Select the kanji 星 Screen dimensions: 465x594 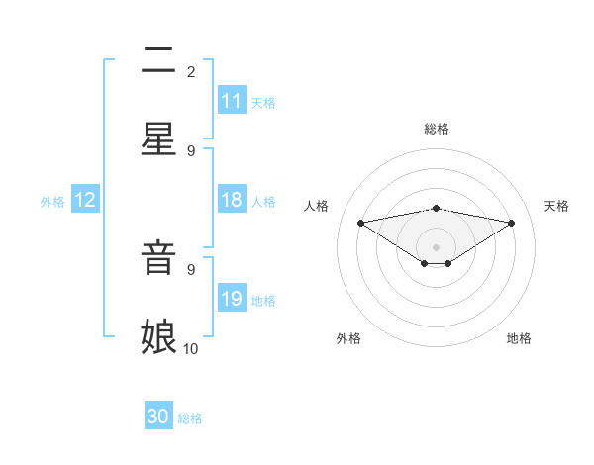tap(158, 139)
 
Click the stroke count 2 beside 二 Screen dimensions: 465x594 tap(190, 71)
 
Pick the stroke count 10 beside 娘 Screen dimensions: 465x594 tap(190, 348)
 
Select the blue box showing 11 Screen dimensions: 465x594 tap(232, 101)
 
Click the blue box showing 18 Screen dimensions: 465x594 tap(232, 200)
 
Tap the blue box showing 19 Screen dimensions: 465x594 tap(232, 299)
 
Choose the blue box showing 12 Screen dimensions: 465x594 tap(85, 200)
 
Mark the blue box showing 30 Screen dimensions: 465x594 tap(158, 417)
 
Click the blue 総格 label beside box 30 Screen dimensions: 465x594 tap(190, 418)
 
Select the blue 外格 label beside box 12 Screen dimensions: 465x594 tap(52, 202)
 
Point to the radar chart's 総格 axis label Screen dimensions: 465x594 tap(436, 129)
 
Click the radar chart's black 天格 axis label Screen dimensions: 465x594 tap(556, 206)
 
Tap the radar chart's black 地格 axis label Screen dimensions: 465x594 tap(519, 338)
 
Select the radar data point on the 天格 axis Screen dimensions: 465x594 tap(512, 223)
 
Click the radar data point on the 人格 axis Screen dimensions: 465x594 tap(361, 222)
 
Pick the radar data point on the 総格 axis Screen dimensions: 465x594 tap(436, 208)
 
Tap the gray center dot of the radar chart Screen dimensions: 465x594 tap(436, 247)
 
